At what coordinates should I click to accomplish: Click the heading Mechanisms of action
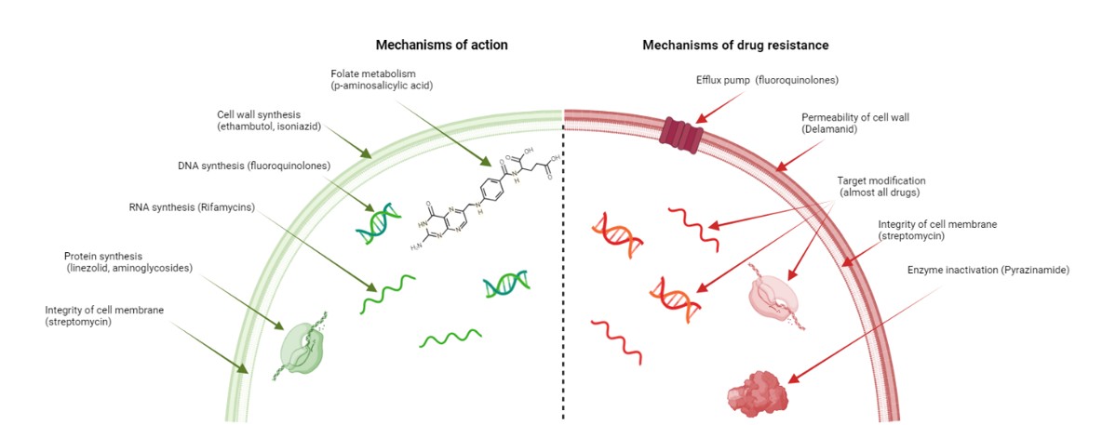click(x=441, y=45)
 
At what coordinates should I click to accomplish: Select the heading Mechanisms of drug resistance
click(x=735, y=45)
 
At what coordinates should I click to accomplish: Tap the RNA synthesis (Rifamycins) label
click(x=198, y=207)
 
